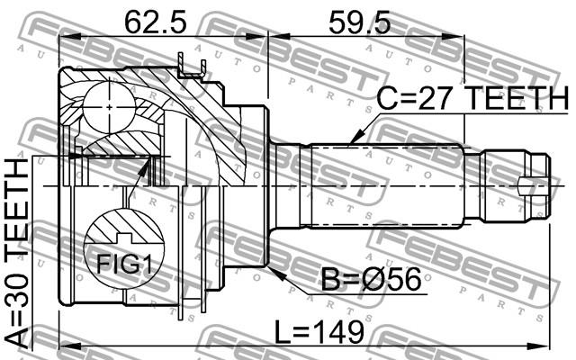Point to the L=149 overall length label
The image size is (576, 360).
[319, 332]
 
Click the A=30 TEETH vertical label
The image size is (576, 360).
[17, 253]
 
